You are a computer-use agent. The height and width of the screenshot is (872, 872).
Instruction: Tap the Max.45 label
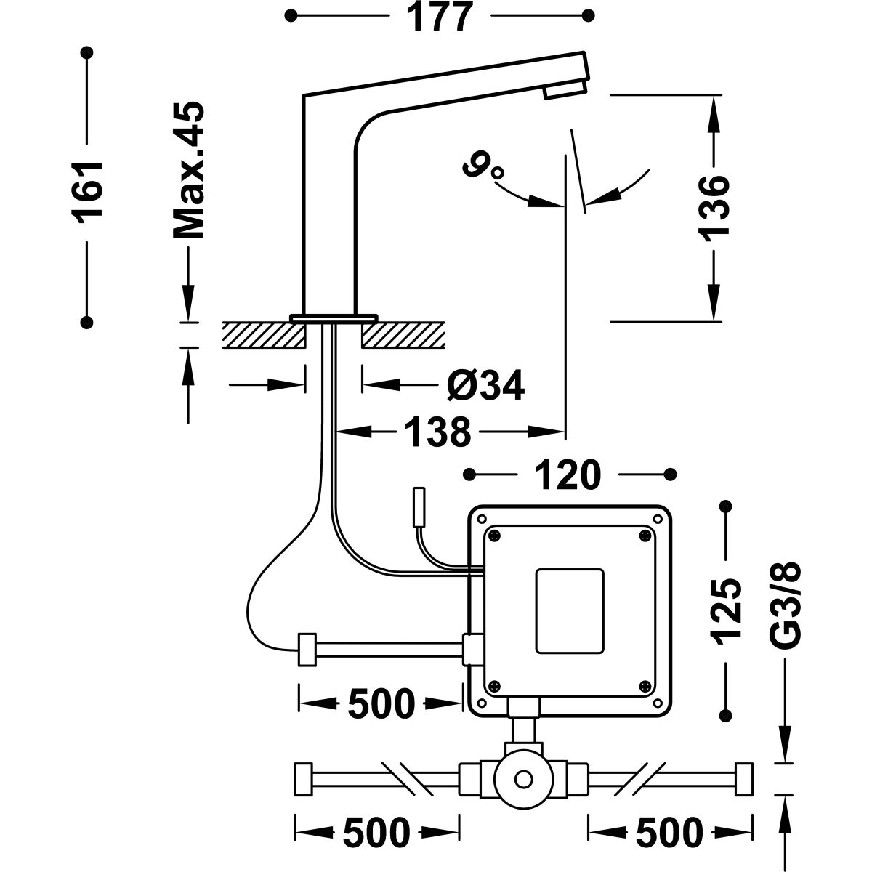click(188, 171)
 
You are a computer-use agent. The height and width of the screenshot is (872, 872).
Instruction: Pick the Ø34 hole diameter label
click(485, 385)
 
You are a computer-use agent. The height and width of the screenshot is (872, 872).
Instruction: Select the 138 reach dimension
click(437, 433)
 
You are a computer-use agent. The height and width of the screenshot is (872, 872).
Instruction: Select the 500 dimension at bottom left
click(376, 832)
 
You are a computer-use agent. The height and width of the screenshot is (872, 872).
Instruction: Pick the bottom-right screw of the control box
click(645, 685)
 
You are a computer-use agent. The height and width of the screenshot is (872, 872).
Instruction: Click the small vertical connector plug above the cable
click(419, 506)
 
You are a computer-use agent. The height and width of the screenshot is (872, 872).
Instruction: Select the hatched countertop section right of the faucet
click(403, 335)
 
